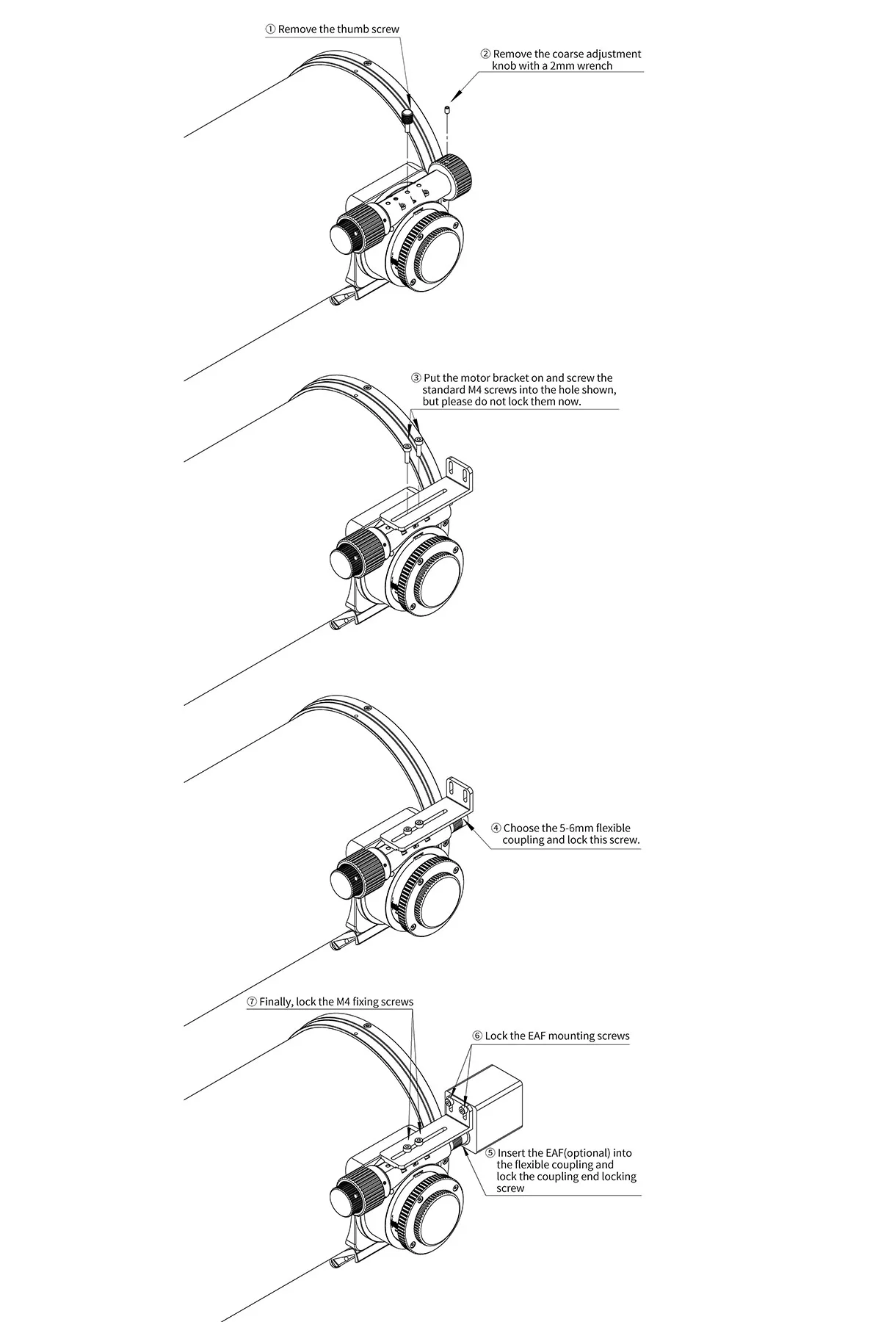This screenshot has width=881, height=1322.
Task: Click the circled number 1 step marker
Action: pos(270,29)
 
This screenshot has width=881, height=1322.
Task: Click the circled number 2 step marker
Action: pos(485,54)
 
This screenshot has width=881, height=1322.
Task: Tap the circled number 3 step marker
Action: pos(416,378)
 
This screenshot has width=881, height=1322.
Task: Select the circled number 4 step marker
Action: pos(496,828)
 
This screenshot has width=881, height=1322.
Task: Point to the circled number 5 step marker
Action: pos(490,1153)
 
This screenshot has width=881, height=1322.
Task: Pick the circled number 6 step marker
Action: pos(477,1036)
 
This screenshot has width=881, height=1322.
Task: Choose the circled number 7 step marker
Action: pos(252,1002)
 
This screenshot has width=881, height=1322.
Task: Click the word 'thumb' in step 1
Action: pos(353,29)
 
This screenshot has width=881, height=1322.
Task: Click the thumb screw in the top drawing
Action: pos(407,115)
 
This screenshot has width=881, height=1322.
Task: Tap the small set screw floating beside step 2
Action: pos(447,110)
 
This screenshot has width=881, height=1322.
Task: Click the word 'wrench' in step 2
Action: pos(594,65)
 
